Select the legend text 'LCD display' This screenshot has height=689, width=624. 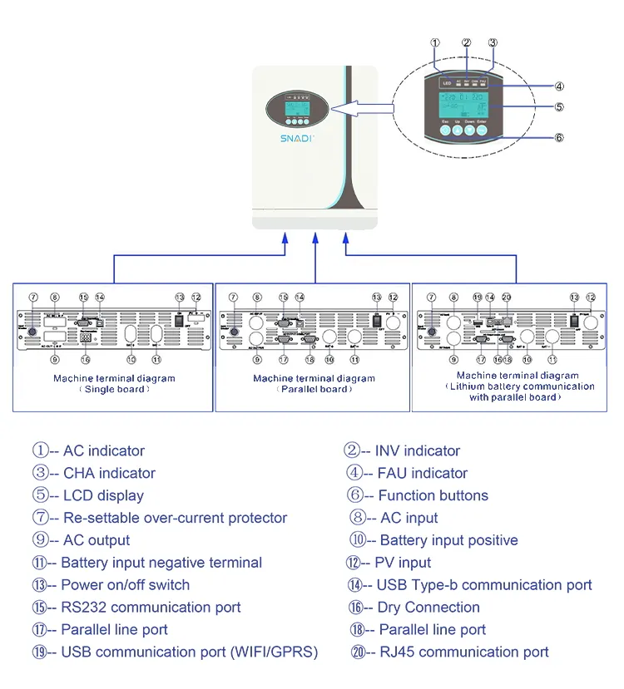click(103, 495)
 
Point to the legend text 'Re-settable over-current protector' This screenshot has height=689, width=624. click(175, 518)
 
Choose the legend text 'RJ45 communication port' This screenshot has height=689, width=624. click(463, 652)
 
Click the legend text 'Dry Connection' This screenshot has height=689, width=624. click(428, 608)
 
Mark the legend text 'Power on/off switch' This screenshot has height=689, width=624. click(125, 585)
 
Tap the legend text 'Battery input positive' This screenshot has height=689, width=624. click(448, 540)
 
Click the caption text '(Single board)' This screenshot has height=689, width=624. click(114, 389)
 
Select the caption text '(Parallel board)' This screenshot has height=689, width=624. click(314, 389)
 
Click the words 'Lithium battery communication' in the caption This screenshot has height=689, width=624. click(521, 386)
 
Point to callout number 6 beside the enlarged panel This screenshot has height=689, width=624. click(559, 138)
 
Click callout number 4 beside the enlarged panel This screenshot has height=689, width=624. click(559, 85)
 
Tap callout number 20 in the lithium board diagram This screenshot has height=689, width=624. click(507, 297)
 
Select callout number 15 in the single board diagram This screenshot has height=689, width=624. click(83, 297)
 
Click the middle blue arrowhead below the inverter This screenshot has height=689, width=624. click(314, 239)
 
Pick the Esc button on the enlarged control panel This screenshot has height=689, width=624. click(445, 131)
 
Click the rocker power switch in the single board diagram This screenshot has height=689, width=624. click(177, 317)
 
